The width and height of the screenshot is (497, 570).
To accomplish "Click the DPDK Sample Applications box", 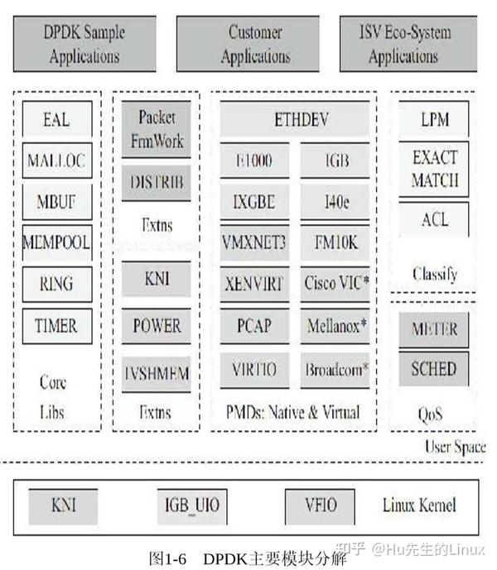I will pyautogui.click(x=84, y=45).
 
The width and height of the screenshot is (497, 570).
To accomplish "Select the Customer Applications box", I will pyautogui.click(x=254, y=45).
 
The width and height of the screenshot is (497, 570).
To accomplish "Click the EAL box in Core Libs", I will pyautogui.click(x=55, y=119).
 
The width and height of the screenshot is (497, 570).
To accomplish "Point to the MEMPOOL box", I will pyautogui.click(x=55, y=243).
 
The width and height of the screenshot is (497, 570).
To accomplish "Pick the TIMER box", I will pyautogui.click(x=55, y=325).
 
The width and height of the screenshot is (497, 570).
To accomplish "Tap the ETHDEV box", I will pyautogui.click(x=301, y=120).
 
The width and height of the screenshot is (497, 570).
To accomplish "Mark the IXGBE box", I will pyautogui.click(x=254, y=200).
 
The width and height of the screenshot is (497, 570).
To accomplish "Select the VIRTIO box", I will pyautogui.click(x=254, y=367).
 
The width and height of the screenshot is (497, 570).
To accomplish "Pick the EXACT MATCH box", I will pyautogui.click(x=435, y=169).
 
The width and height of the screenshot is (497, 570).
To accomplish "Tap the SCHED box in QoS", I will pyautogui.click(x=435, y=369).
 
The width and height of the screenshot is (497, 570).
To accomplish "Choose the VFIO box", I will pyautogui.click(x=321, y=505).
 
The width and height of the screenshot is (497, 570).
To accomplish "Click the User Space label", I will pyautogui.click(x=455, y=448).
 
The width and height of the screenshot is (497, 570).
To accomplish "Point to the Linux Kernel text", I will pyautogui.click(x=419, y=505).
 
